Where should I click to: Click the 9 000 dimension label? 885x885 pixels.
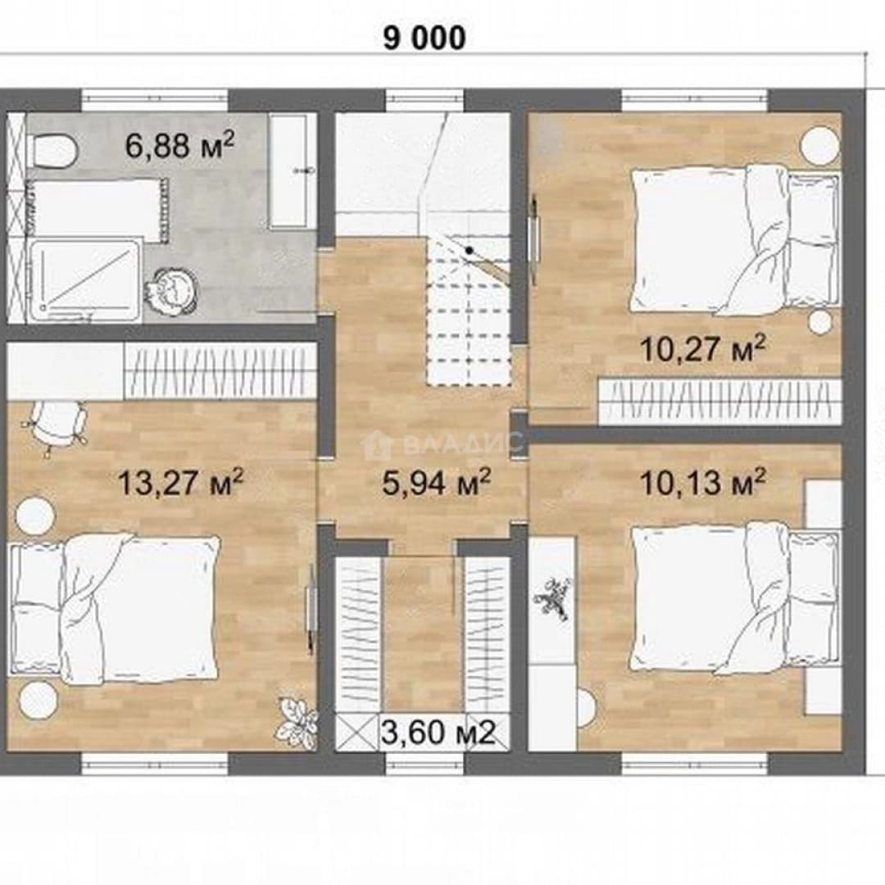[424, 39]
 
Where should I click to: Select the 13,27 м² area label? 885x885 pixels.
[180, 483]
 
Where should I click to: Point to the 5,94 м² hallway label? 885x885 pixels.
[436, 483]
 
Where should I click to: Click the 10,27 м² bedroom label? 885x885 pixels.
[703, 348]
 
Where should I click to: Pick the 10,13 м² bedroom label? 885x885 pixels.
[703, 483]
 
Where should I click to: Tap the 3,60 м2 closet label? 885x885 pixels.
[438, 733]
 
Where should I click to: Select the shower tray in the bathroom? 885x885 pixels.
[84, 281]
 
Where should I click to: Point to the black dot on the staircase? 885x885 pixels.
[469, 249]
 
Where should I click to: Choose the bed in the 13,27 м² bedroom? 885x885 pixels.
[116, 610]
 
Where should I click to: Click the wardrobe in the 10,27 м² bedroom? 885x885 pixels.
[720, 402]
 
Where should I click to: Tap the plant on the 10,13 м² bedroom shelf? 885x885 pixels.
[553, 599]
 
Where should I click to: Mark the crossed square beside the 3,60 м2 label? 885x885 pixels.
[356, 733]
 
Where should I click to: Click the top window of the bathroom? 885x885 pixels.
[155, 101]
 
